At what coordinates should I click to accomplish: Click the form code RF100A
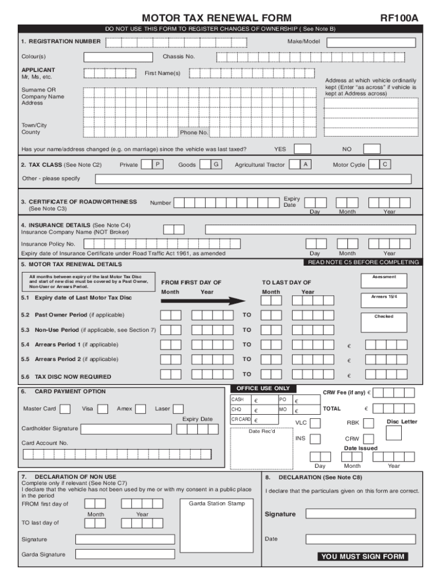(399, 18)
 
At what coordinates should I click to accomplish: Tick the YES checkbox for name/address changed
(302, 149)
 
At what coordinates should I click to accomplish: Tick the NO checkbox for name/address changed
(371, 149)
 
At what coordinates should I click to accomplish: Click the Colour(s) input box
(118, 57)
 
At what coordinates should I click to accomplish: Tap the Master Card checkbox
(65, 409)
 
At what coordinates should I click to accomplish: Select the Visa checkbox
(103, 409)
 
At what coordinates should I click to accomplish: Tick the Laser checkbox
(178, 409)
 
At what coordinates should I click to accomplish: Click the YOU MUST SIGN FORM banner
(363, 556)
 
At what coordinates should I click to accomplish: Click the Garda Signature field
(125, 554)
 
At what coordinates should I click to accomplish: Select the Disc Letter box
(394, 433)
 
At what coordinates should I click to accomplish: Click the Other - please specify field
(253, 179)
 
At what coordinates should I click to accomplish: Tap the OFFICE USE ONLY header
(259, 388)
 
